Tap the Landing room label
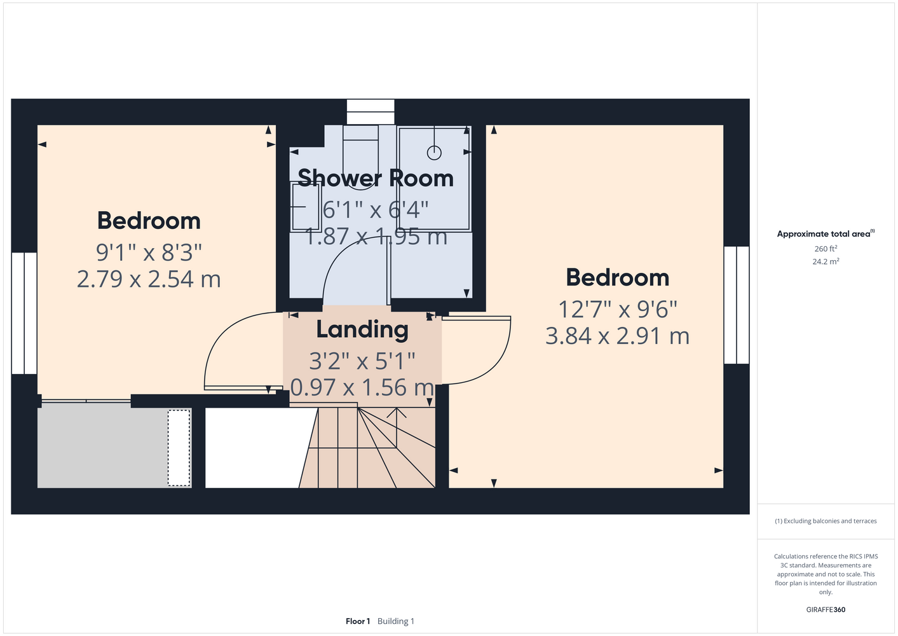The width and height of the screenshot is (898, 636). (x=362, y=330)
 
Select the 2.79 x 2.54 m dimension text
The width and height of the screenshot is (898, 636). (x=149, y=279)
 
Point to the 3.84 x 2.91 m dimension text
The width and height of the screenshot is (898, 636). (x=617, y=336)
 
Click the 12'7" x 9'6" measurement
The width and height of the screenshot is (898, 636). (x=618, y=309)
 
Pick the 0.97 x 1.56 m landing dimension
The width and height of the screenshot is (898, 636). (x=362, y=387)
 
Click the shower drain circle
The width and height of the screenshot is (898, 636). (x=434, y=153)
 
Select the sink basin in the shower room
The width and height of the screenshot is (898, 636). (x=306, y=207)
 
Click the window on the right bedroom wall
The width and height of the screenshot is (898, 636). (x=737, y=305)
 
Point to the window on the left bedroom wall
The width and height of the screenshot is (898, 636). (x=24, y=313)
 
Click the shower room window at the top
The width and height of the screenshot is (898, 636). (x=371, y=112)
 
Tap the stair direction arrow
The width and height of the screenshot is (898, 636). (x=397, y=428)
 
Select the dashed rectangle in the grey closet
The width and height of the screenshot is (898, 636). (x=179, y=448)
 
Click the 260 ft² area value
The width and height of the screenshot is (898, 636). (x=826, y=249)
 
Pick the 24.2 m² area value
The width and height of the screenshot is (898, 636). (x=826, y=261)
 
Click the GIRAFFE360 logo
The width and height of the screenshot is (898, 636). (x=826, y=609)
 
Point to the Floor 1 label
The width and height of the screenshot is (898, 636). (x=358, y=621)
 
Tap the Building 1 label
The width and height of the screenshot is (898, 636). (x=396, y=621)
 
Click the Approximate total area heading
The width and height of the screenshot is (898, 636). (x=826, y=233)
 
